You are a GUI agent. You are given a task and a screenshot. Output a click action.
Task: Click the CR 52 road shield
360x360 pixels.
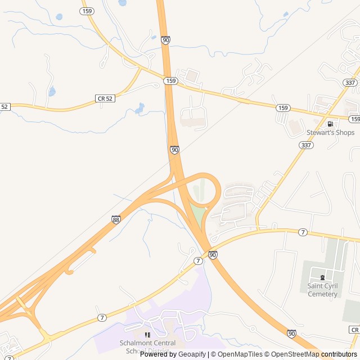tap(105, 98)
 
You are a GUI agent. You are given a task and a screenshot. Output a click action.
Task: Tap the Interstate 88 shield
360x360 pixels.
tap(115, 219)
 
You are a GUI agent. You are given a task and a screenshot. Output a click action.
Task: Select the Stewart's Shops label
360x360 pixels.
tap(330, 133)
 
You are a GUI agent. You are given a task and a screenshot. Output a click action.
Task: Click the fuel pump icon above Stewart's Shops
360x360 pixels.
tap(330, 124)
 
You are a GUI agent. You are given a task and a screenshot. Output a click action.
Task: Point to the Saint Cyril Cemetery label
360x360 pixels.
tap(322, 290)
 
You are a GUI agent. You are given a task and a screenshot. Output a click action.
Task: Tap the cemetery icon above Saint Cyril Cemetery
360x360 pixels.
tap(322, 277)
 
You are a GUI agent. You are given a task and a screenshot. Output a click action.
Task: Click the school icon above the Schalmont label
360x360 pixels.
tap(147, 335)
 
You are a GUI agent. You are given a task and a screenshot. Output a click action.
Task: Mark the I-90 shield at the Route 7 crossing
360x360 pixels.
tap(213, 255)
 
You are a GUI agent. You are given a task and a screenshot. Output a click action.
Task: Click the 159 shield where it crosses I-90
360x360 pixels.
tap(171, 81)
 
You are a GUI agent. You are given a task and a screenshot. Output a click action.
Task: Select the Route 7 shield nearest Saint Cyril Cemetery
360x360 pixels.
tap(303, 232)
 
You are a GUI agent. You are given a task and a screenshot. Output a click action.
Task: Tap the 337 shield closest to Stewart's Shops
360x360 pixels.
tap(307, 145)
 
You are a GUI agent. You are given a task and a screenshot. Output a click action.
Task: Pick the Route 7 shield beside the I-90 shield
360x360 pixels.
tap(198, 261)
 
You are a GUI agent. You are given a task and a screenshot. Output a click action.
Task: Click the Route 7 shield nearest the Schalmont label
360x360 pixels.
tap(102, 318)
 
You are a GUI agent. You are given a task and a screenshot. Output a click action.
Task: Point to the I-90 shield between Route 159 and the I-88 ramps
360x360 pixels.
tap(174, 150)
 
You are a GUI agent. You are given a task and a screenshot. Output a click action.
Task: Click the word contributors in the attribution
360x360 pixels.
tap(339, 354)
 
